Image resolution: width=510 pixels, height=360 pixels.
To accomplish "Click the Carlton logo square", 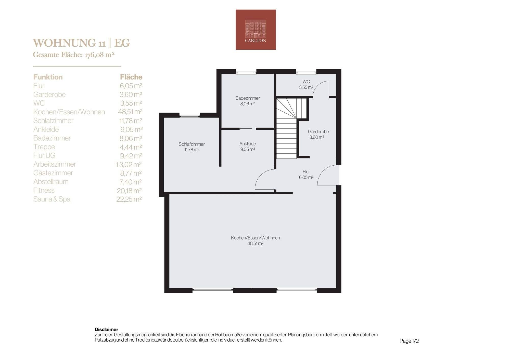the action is point(256,30).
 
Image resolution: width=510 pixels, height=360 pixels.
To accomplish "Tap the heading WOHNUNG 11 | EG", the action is point(82,43).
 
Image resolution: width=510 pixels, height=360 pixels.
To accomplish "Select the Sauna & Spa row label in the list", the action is point(52,199).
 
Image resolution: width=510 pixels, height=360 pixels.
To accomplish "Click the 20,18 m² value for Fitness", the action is point(129,190).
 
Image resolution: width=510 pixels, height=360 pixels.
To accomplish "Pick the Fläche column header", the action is point(131,77).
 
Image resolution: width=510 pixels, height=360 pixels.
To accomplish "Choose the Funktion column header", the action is point(48,77).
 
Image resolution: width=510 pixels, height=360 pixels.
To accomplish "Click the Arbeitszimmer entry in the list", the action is point(55,164).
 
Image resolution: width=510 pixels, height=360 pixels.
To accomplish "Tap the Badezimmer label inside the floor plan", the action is point(248,98).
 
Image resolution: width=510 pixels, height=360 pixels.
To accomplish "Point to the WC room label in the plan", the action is point(306,82).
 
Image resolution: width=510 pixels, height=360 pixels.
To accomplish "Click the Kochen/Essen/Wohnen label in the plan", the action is point(256,238).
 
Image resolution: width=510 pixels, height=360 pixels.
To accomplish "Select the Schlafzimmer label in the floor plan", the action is point(192,144).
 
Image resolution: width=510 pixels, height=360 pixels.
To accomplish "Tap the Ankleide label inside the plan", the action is point(248,144).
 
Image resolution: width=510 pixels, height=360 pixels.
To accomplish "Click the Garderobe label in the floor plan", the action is point(318,132).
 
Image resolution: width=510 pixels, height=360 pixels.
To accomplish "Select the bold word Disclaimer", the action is point(106,329).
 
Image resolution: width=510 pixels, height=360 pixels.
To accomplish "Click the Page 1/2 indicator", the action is point(409,341).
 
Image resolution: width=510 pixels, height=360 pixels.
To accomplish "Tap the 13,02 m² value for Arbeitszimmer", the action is point(129,164).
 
